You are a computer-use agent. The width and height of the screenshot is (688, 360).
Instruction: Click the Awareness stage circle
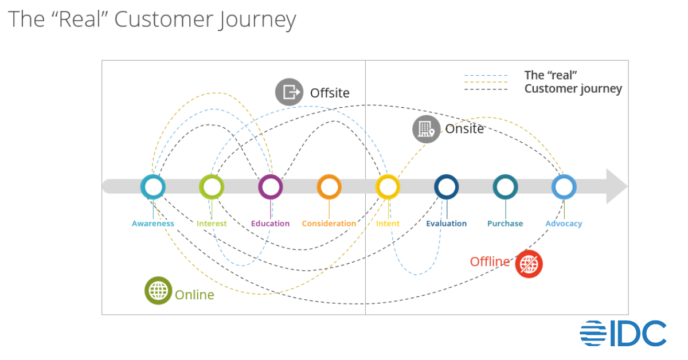[153, 187]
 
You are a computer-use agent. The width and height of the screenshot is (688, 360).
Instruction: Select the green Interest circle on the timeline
[212, 187]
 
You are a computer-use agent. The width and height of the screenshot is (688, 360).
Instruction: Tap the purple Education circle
[270, 187]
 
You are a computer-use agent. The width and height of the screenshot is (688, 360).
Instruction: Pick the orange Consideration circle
[329, 187]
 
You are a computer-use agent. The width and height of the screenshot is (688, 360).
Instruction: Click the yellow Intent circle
[388, 187]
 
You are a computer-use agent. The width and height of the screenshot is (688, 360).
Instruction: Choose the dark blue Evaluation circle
[446, 187]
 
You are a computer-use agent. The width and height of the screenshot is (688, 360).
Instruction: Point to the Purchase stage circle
[505, 187]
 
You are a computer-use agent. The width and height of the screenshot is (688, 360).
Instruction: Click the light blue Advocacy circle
[564, 187]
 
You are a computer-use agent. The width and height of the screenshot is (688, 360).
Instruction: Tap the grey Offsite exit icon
[289, 92]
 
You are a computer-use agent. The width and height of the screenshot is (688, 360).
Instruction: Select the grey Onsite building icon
[427, 129]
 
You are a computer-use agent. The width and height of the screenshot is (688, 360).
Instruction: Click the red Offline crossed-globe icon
[529, 264]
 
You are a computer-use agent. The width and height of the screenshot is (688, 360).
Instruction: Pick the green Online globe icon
[158, 291]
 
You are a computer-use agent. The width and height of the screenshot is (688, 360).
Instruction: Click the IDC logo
[623, 333]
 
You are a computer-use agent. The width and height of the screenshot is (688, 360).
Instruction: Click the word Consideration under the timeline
[329, 224]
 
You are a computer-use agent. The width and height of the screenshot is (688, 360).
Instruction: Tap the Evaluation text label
[446, 224]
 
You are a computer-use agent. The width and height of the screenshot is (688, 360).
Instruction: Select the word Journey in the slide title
[257, 19]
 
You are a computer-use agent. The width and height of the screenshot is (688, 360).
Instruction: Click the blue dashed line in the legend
[486, 75]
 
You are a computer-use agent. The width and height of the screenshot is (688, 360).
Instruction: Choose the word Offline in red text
[490, 262]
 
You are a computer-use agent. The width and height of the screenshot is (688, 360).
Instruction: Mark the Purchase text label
[505, 224]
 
